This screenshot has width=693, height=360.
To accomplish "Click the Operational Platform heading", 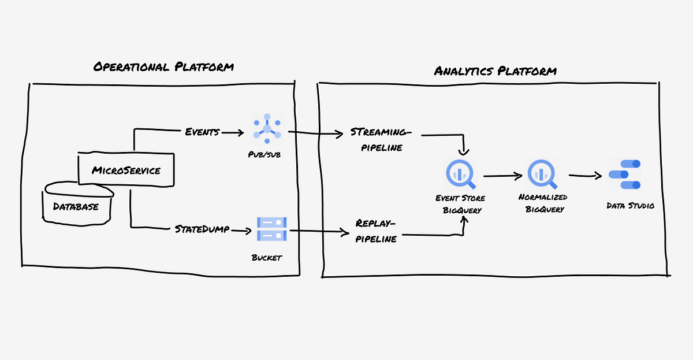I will [163, 67].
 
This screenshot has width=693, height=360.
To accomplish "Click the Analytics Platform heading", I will [495, 71].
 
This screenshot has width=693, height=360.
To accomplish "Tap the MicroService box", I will [126, 170].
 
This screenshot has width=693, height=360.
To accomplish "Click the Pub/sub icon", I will [267, 130].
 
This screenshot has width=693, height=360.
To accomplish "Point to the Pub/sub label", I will [267, 155].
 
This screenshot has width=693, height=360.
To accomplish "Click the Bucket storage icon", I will [271, 229].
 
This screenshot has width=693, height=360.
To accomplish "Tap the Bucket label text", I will [267, 257].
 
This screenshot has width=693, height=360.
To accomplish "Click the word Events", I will [202, 132].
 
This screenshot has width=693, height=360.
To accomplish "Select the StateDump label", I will [202, 229].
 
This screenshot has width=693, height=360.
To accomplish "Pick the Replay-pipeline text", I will [376, 231].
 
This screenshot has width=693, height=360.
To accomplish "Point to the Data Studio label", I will [630, 205].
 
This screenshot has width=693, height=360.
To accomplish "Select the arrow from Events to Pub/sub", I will [232, 133].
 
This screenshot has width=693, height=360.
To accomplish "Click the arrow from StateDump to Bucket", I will [242, 231].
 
